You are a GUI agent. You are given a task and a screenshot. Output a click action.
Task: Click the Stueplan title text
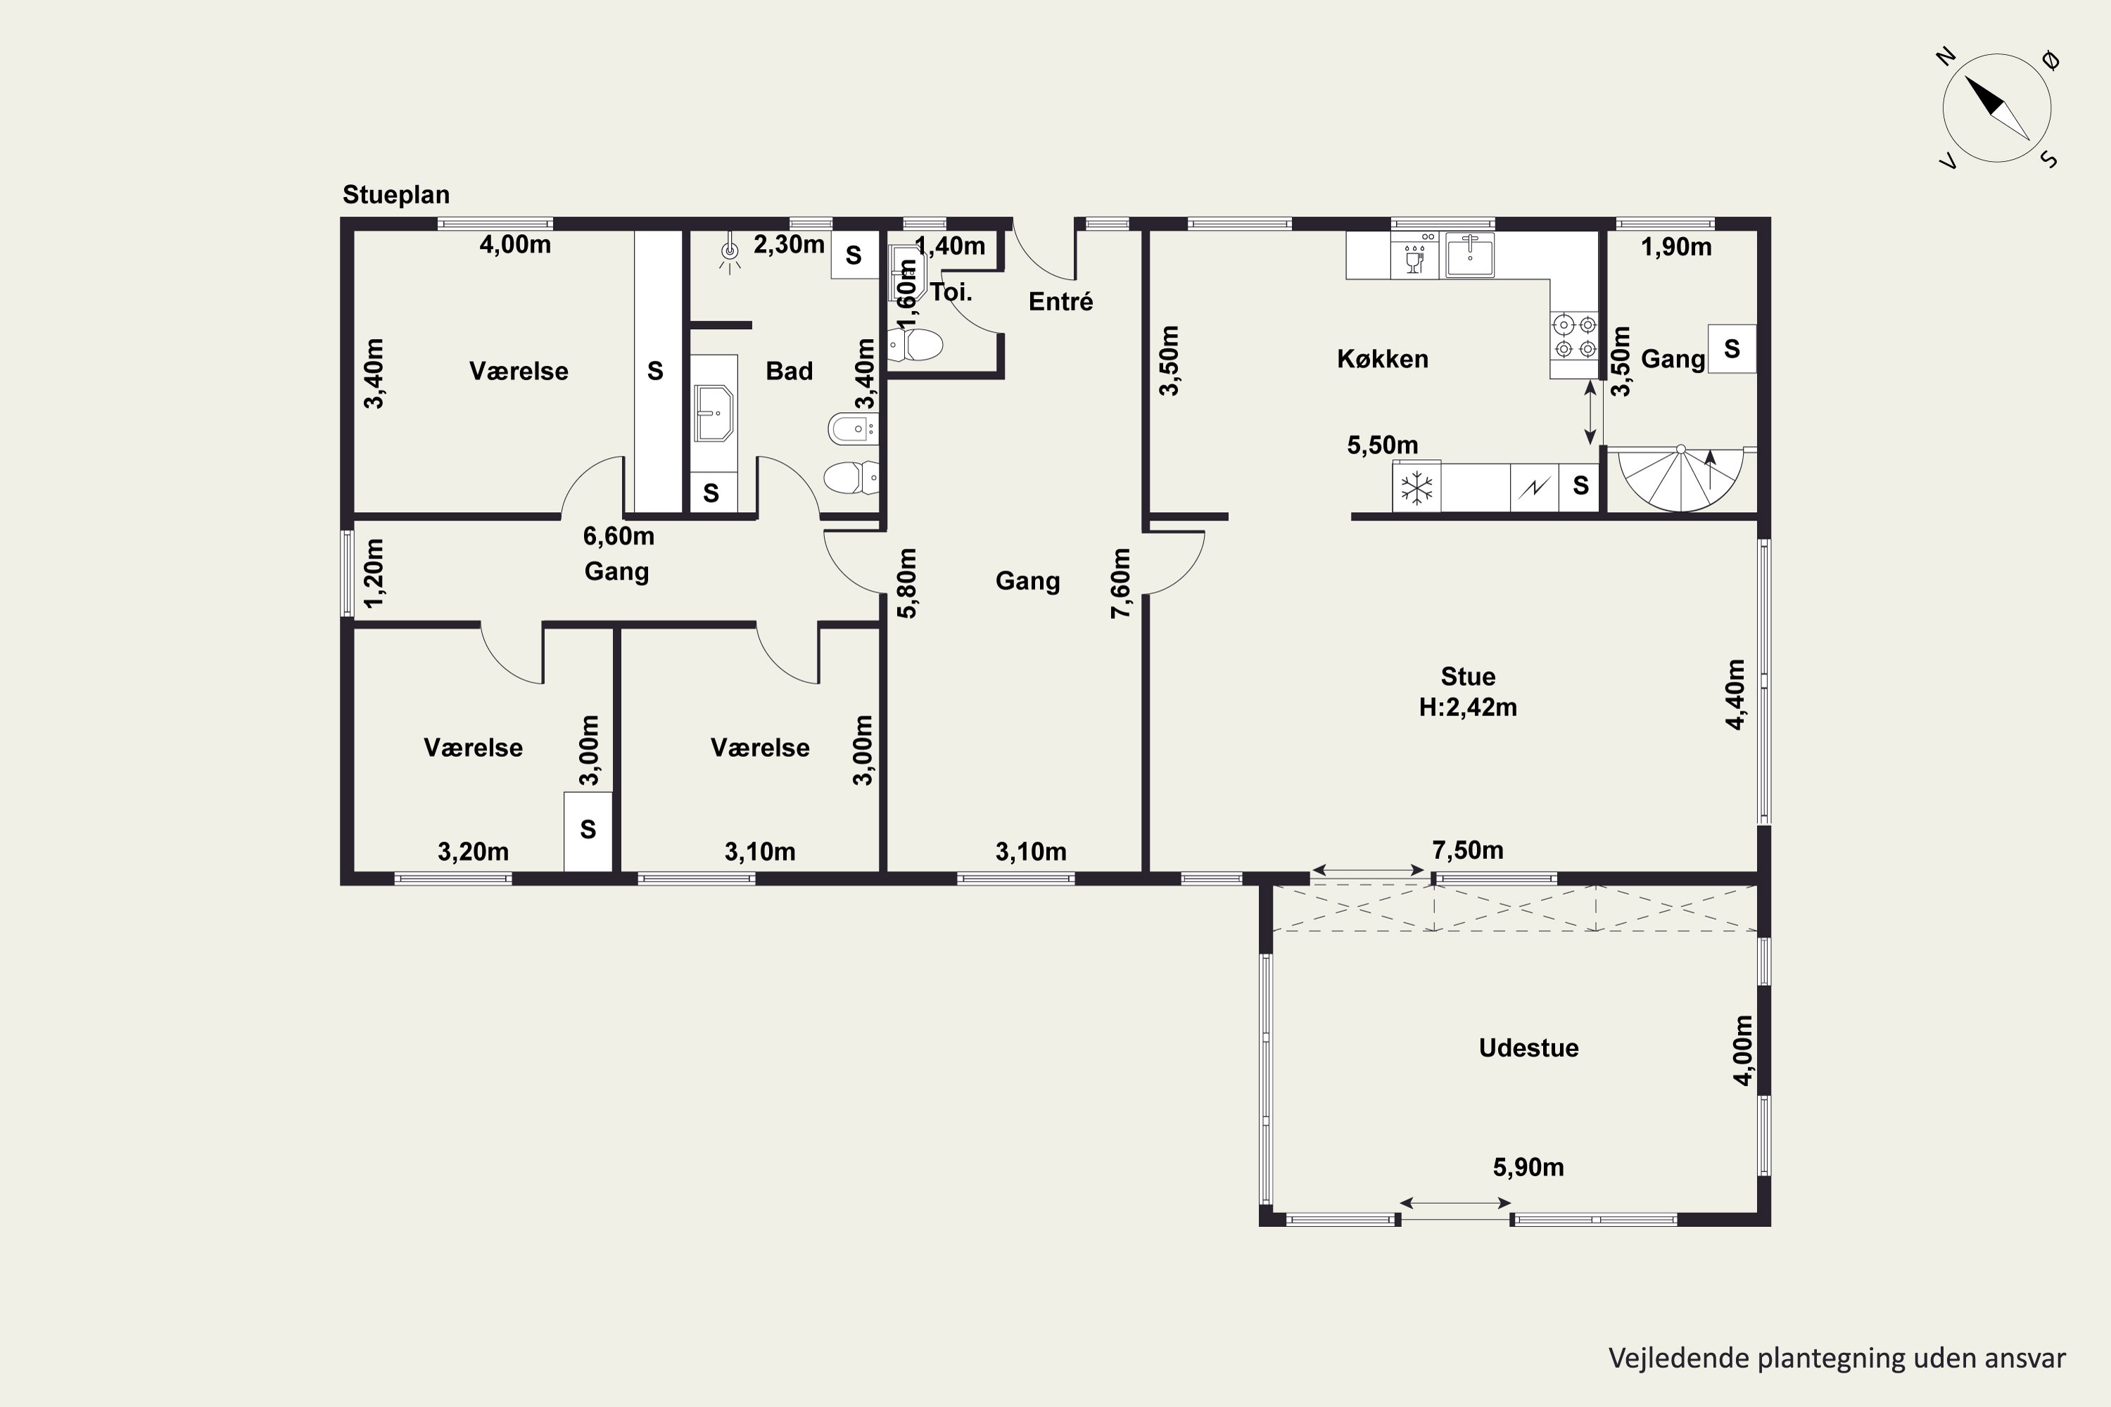[x=395, y=195]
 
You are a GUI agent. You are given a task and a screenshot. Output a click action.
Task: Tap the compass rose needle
[x=1997, y=108]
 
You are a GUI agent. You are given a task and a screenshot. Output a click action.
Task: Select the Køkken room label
[x=1382, y=359]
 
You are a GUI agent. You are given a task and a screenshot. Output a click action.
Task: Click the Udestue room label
[x=1528, y=1048]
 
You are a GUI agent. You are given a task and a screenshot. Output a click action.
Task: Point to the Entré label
[x=1061, y=302]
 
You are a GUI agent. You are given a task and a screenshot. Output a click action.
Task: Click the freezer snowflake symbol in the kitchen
[x=1416, y=488]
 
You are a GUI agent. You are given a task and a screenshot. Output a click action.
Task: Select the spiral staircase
[x=1680, y=479]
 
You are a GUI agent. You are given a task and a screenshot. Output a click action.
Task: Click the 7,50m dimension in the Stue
[x=1467, y=850]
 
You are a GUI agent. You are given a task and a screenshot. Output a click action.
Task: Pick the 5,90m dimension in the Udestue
[x=1528, y=1167]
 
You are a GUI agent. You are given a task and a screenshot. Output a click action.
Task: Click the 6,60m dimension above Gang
[x=619, y=535]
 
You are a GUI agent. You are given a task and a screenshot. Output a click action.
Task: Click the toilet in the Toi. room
[x=915, y=345]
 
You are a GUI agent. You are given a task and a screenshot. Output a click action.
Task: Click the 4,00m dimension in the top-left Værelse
[x=515, y=244]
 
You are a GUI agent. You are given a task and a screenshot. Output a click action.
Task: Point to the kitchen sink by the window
[x=1469, y=255]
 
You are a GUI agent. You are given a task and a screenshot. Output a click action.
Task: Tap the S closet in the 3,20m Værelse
[x=588, y=830]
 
